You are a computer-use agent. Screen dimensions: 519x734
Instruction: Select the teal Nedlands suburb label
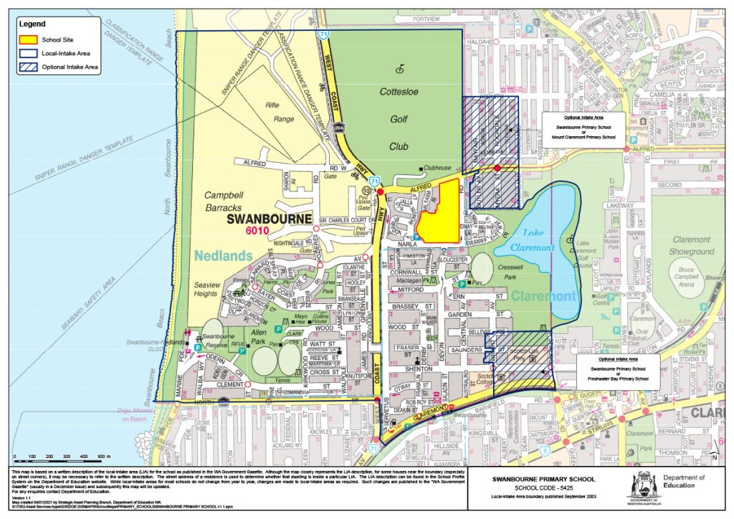tap(223, 254)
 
